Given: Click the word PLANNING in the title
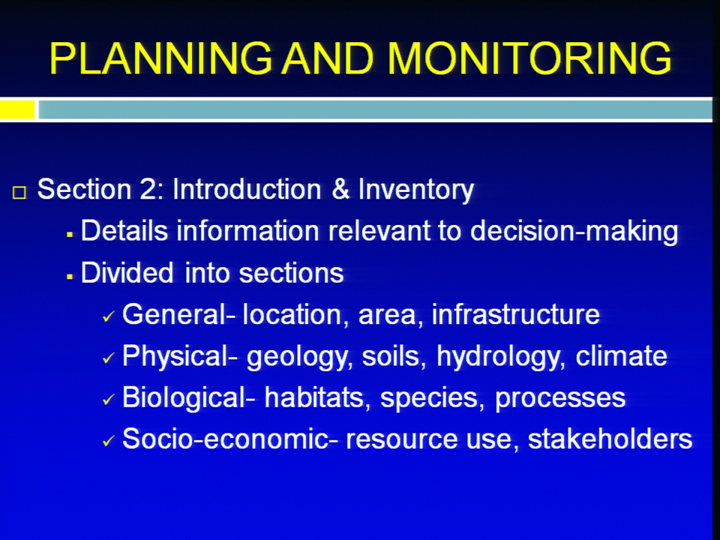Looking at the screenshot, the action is click(160, 58).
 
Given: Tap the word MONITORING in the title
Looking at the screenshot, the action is click(529, 58).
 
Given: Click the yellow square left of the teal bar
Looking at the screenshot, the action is click(17, 109).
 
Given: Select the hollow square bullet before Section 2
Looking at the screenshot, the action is click(19, 193).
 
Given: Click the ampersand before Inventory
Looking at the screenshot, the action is click(340, 189).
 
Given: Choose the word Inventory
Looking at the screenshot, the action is click(416, 190).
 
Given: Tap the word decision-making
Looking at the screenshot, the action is click(574, 231).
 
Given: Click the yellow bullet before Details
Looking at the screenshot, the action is click(70, 235).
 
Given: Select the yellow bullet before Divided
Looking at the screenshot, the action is click(70, 277).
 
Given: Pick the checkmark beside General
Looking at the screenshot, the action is click(108, 316).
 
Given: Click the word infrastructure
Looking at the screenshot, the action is click(516, 314).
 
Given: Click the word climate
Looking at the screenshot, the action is click(621, 356).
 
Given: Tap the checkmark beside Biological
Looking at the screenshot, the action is click(108, 399).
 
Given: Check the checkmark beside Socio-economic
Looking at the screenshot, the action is click(108, 441).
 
